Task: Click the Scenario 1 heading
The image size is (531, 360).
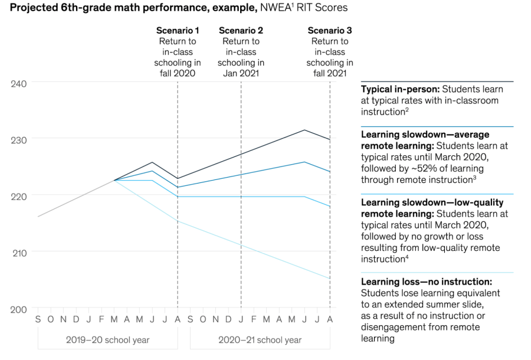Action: click(178, 30)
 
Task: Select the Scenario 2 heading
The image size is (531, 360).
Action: click(241, 30)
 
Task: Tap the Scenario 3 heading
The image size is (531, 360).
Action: click(330, 30)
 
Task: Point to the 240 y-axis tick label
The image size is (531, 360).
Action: click(19, 83)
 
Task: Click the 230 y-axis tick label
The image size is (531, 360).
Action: click(19, 140)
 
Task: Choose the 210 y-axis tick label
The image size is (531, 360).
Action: click(19, 253)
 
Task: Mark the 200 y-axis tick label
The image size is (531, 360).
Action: click(19, 309)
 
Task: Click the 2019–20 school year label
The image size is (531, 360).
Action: click(107, 340)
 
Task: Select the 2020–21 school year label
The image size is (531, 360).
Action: click(260, 340)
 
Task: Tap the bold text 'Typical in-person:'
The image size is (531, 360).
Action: click(400, 89)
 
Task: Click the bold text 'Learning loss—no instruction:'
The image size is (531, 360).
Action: click(426, 282)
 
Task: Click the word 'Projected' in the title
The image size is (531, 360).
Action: click(33, 8)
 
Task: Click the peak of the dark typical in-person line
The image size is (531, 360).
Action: click(304, 130)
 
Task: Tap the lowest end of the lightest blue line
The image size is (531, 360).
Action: click(330, 278)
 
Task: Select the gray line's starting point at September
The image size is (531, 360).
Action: click(38, 217)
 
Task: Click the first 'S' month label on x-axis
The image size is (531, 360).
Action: click(38, 319)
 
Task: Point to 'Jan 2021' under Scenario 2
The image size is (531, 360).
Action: click(241, 73)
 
